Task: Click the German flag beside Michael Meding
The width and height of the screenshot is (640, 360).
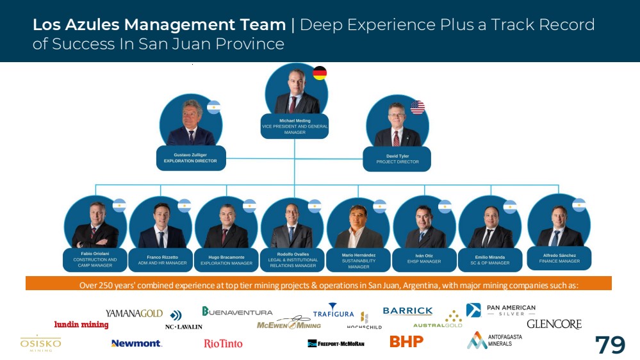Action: pos(320,73)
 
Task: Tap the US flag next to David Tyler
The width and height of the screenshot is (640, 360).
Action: pos(418,108)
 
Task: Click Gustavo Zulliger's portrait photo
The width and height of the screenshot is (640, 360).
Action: pos(191,122)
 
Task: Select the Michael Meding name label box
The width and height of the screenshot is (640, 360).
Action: pos(295,126)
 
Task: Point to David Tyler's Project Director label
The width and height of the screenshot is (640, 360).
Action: pos(397,159)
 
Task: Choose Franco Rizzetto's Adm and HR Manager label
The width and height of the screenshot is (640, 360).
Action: pos(162,260)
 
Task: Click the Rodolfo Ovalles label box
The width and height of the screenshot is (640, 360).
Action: pos(293,259)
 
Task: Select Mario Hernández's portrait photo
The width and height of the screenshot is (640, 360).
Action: pos(358,225)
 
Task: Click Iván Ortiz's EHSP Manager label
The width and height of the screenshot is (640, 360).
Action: pos(424,259)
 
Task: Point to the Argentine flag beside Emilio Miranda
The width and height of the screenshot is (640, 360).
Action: pos(510,206)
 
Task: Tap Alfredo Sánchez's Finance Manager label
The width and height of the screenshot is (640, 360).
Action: pos(559,258)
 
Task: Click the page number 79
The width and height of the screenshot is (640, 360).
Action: pos(610,345)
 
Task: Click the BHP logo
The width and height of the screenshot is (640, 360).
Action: pos(407,341)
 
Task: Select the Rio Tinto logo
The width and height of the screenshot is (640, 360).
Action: pos(223,343)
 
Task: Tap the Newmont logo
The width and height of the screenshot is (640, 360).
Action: pos(136,343)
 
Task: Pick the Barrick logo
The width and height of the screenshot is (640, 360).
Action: pos(407,311)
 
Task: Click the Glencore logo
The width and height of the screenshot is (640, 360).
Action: pos(554,324)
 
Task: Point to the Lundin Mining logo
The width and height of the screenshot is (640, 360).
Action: pos(81,325)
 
